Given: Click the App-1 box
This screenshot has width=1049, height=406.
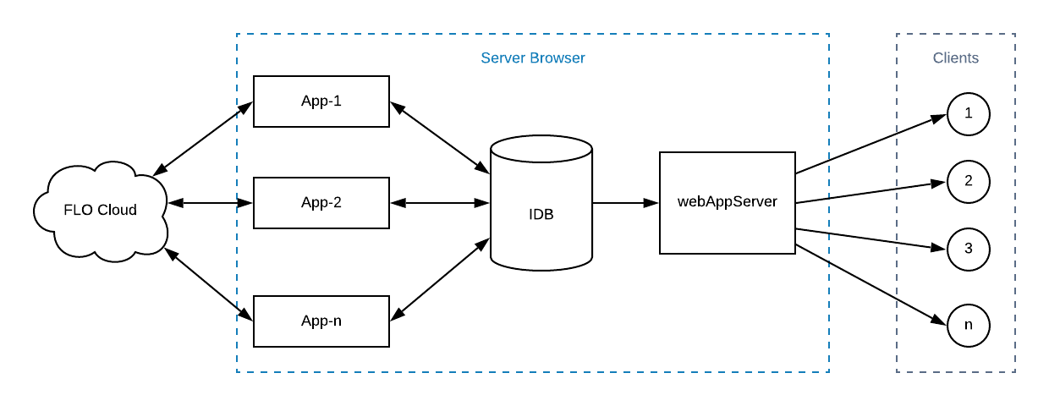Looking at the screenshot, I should coord(321,101).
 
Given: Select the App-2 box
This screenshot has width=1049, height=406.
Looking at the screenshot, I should coord(321,203).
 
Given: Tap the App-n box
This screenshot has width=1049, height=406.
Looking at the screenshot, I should coord(321,321).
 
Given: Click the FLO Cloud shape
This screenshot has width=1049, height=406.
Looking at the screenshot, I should coord(100,210).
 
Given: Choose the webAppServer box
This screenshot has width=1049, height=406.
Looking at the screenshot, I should coord(728,203).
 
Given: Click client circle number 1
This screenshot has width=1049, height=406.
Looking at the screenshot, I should coord(969,113).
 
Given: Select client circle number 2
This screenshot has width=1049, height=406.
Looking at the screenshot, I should coord(969,181).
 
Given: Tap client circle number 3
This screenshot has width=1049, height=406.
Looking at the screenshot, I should coord(969,249).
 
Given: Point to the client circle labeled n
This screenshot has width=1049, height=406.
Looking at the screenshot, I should coord(969,325).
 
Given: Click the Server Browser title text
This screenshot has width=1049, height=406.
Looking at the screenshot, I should coord(533,58).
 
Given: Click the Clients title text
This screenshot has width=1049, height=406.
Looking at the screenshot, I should coord(956,58).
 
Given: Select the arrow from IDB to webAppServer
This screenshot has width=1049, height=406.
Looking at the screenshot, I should coord(626,203).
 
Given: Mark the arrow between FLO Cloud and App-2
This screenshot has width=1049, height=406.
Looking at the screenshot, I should coord(211,203).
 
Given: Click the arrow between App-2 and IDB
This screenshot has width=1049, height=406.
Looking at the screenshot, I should coord(440,203).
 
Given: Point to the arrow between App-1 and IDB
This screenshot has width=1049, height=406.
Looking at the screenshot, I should coord(440,138).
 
